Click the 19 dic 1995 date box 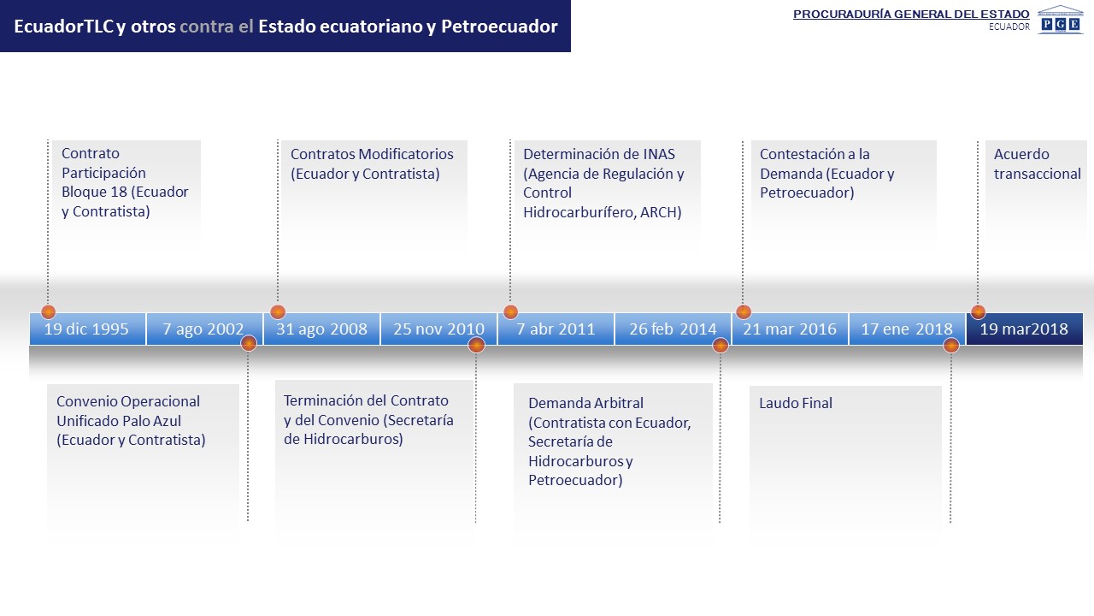pyautogui.click(x=87, y=329)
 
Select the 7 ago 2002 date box pyautogui.click(x=204, y=329)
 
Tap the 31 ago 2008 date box pyautogui.click(x=322, y=329)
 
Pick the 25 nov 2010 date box pyautogui.click(x=439, y=329)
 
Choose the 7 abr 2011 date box pyautogui.click(x=556, y=329)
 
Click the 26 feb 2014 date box pyautogui.click(x=673, y=329)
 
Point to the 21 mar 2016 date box pyautogui.click(x=791, y=329)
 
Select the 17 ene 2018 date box pyautogui.click(x=908, y=329)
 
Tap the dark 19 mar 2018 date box pyautogui.click(x=1025, y=329)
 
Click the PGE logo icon pyautogui.click(x=1061, y=20)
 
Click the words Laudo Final pyautogui.click(x=796, y=403)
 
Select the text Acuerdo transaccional pyautogui.click(x=1038, y=163)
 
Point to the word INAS pyautogui.click(x=659, y=154)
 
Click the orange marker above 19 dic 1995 pyautogui.click(x=49, y=312)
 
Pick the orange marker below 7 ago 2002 pyautogui.click(x=249, y=343)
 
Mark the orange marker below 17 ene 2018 pyautogui.click(x=951, y=346)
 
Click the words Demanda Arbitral pyautogui.click(x=585, y=403)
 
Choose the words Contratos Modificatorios pyautogui.click(x=372, y=154)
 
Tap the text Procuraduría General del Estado pyautogui.click(x=911, y=15)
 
